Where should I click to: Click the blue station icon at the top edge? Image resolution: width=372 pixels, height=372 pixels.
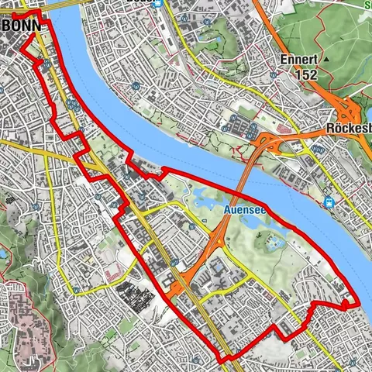point(158,3)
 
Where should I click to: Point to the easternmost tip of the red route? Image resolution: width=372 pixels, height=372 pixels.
point(361,303)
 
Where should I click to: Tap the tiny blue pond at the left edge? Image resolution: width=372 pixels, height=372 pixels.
point(3,253)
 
